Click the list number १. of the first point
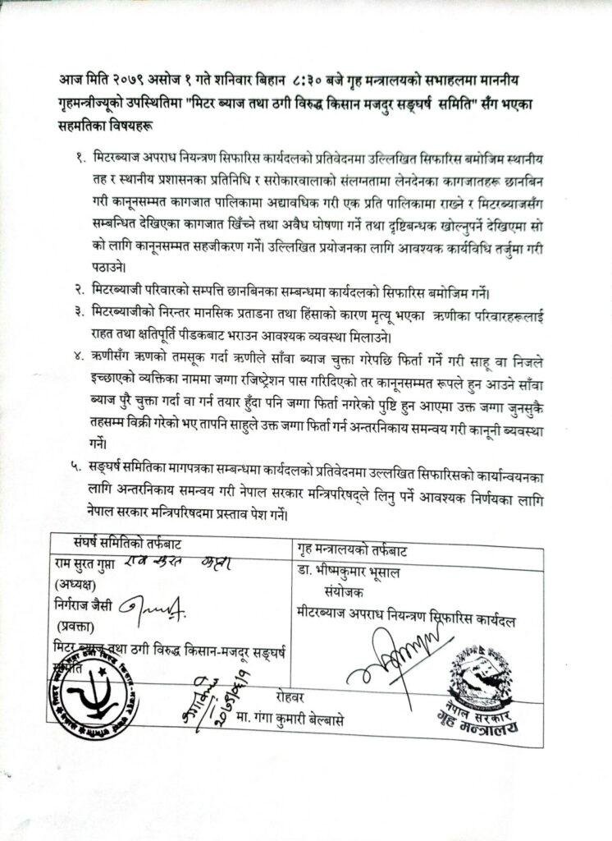[80, 155]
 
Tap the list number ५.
[80, 466]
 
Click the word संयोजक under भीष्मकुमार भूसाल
[336, 591]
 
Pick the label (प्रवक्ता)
[74, 624]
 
